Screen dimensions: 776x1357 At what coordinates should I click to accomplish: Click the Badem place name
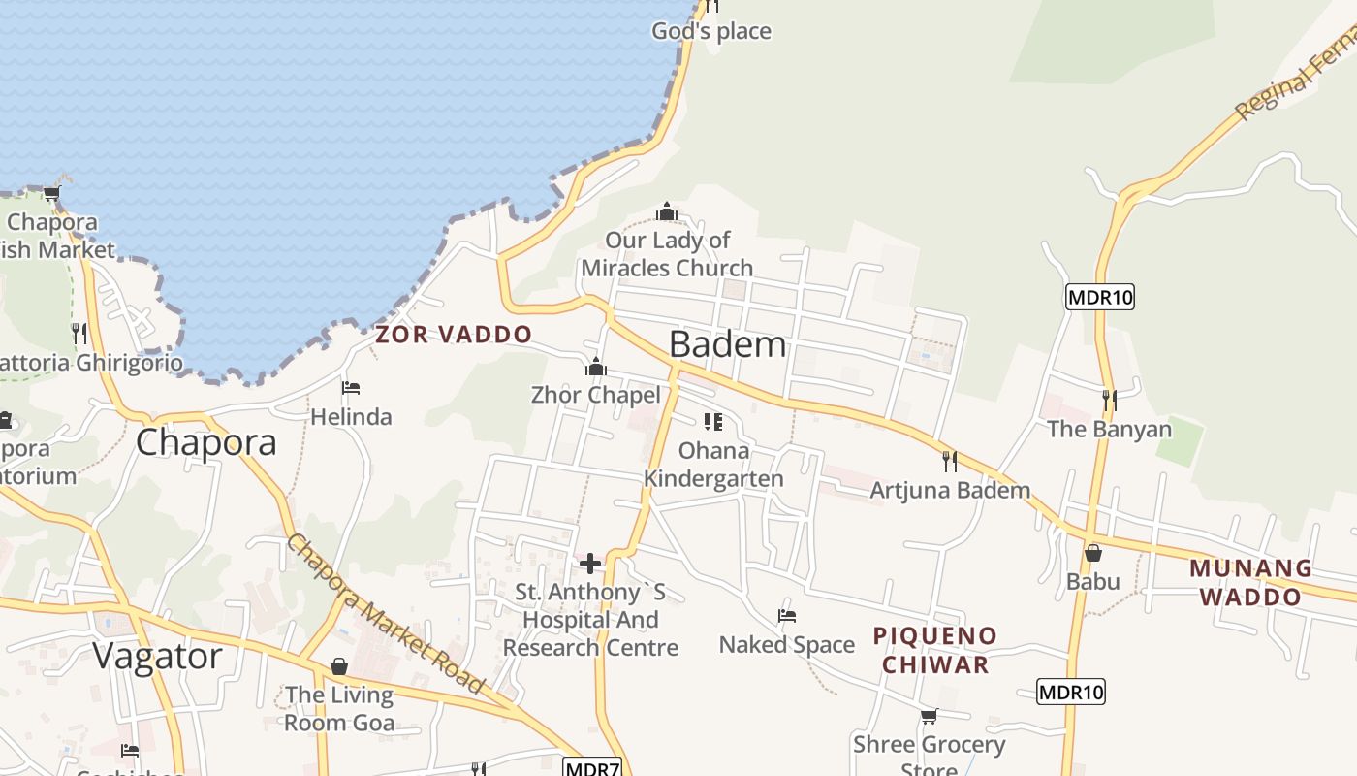727,344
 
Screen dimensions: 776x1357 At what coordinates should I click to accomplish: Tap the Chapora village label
205,442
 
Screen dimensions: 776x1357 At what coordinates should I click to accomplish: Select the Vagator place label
157,656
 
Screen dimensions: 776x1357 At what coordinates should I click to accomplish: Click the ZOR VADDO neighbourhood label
454,335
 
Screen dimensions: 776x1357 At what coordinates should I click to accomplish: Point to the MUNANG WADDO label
1250,582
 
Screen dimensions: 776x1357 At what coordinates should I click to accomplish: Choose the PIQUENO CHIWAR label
934,650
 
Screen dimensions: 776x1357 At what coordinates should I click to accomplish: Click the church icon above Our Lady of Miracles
666,211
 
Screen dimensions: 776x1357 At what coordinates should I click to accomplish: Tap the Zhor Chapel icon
595,367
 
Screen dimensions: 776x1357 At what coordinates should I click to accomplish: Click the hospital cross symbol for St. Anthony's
590,564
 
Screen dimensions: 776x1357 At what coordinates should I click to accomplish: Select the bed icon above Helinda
351,389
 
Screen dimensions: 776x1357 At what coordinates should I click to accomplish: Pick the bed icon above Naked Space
787,616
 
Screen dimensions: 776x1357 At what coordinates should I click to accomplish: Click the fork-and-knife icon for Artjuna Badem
950,461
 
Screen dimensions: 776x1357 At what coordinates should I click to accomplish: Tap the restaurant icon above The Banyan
1109,400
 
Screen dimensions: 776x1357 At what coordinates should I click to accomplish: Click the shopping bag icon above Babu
1093,553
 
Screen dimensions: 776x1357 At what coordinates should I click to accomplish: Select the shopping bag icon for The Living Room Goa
339,666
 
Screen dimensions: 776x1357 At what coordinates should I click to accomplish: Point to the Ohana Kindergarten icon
713,422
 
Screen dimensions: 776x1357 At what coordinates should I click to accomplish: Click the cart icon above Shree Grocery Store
929,716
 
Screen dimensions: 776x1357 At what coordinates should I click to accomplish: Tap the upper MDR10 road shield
1099,297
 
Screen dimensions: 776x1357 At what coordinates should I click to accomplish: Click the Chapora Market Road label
385,613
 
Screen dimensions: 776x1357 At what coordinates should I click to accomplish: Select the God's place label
711,31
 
